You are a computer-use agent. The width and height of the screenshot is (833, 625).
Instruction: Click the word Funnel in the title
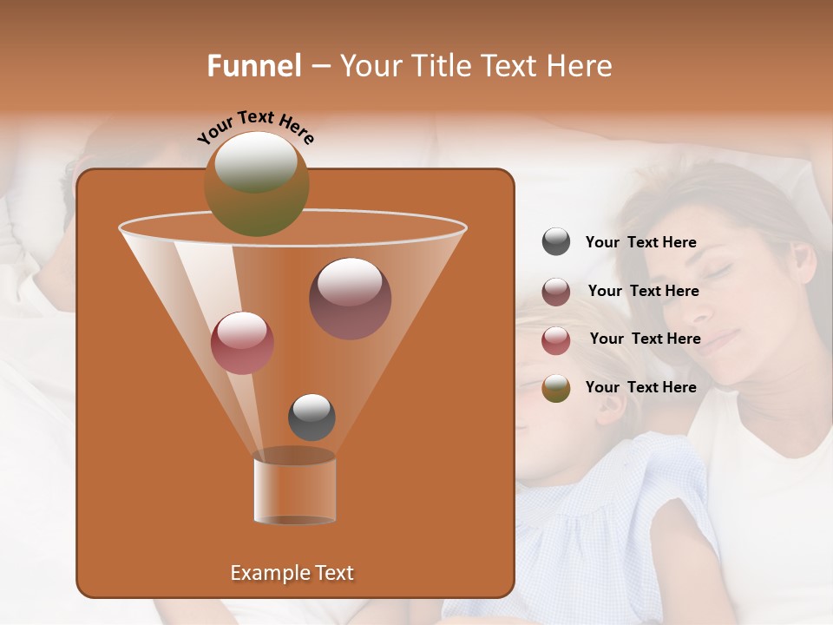click(254, 66)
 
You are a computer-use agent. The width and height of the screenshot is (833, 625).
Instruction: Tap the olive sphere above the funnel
click(256, 183)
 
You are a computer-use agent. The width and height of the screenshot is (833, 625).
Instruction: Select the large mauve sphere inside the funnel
click(350, 298)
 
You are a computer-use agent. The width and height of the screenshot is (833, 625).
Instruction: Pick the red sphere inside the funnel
click(242, 343)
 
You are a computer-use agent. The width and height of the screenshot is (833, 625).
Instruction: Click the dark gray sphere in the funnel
click(312, 417)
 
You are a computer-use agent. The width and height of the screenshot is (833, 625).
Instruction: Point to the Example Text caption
click(292, 573)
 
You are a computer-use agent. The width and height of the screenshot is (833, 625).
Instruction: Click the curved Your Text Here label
click(255, 127)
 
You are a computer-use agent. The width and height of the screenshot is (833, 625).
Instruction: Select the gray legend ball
click(555, 242)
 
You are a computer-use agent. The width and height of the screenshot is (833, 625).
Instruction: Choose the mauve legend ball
click(555, 291)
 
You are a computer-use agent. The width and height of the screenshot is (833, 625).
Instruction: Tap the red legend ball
click(555, 339)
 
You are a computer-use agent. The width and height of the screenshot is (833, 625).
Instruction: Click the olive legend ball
click(555, 388)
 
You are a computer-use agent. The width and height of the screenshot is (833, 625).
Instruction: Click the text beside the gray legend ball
click(640, 242)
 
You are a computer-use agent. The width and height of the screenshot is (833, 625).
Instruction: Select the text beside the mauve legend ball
click(643, 291)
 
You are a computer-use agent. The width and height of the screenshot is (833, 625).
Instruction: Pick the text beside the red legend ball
click(645, 339)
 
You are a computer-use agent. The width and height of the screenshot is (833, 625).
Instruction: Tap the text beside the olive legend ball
click(640, 387)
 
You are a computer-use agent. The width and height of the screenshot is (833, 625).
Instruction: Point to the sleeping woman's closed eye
click(718, 272)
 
